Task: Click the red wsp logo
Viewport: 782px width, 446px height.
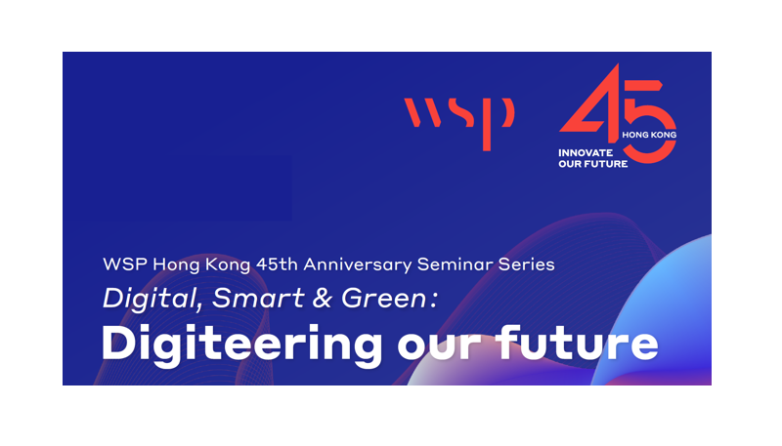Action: pos(458,123)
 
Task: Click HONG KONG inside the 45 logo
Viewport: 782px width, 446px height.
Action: pos(649,135)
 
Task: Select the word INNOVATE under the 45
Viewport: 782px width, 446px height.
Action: pos(586,153)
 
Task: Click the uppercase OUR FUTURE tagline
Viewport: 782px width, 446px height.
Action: pos(593,164)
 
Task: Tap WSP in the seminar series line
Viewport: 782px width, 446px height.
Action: pos(125,264)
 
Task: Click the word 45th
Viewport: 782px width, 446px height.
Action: pos(277,264)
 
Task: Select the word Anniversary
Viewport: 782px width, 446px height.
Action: pos(358,264)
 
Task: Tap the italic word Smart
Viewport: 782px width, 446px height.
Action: pos(258,299)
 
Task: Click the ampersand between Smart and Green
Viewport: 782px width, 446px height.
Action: pos(323,299)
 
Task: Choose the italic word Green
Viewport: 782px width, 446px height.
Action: pos(384,299)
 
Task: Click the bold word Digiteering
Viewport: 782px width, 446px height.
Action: pos(241,345)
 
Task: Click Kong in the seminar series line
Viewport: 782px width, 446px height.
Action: pos(228,264)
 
